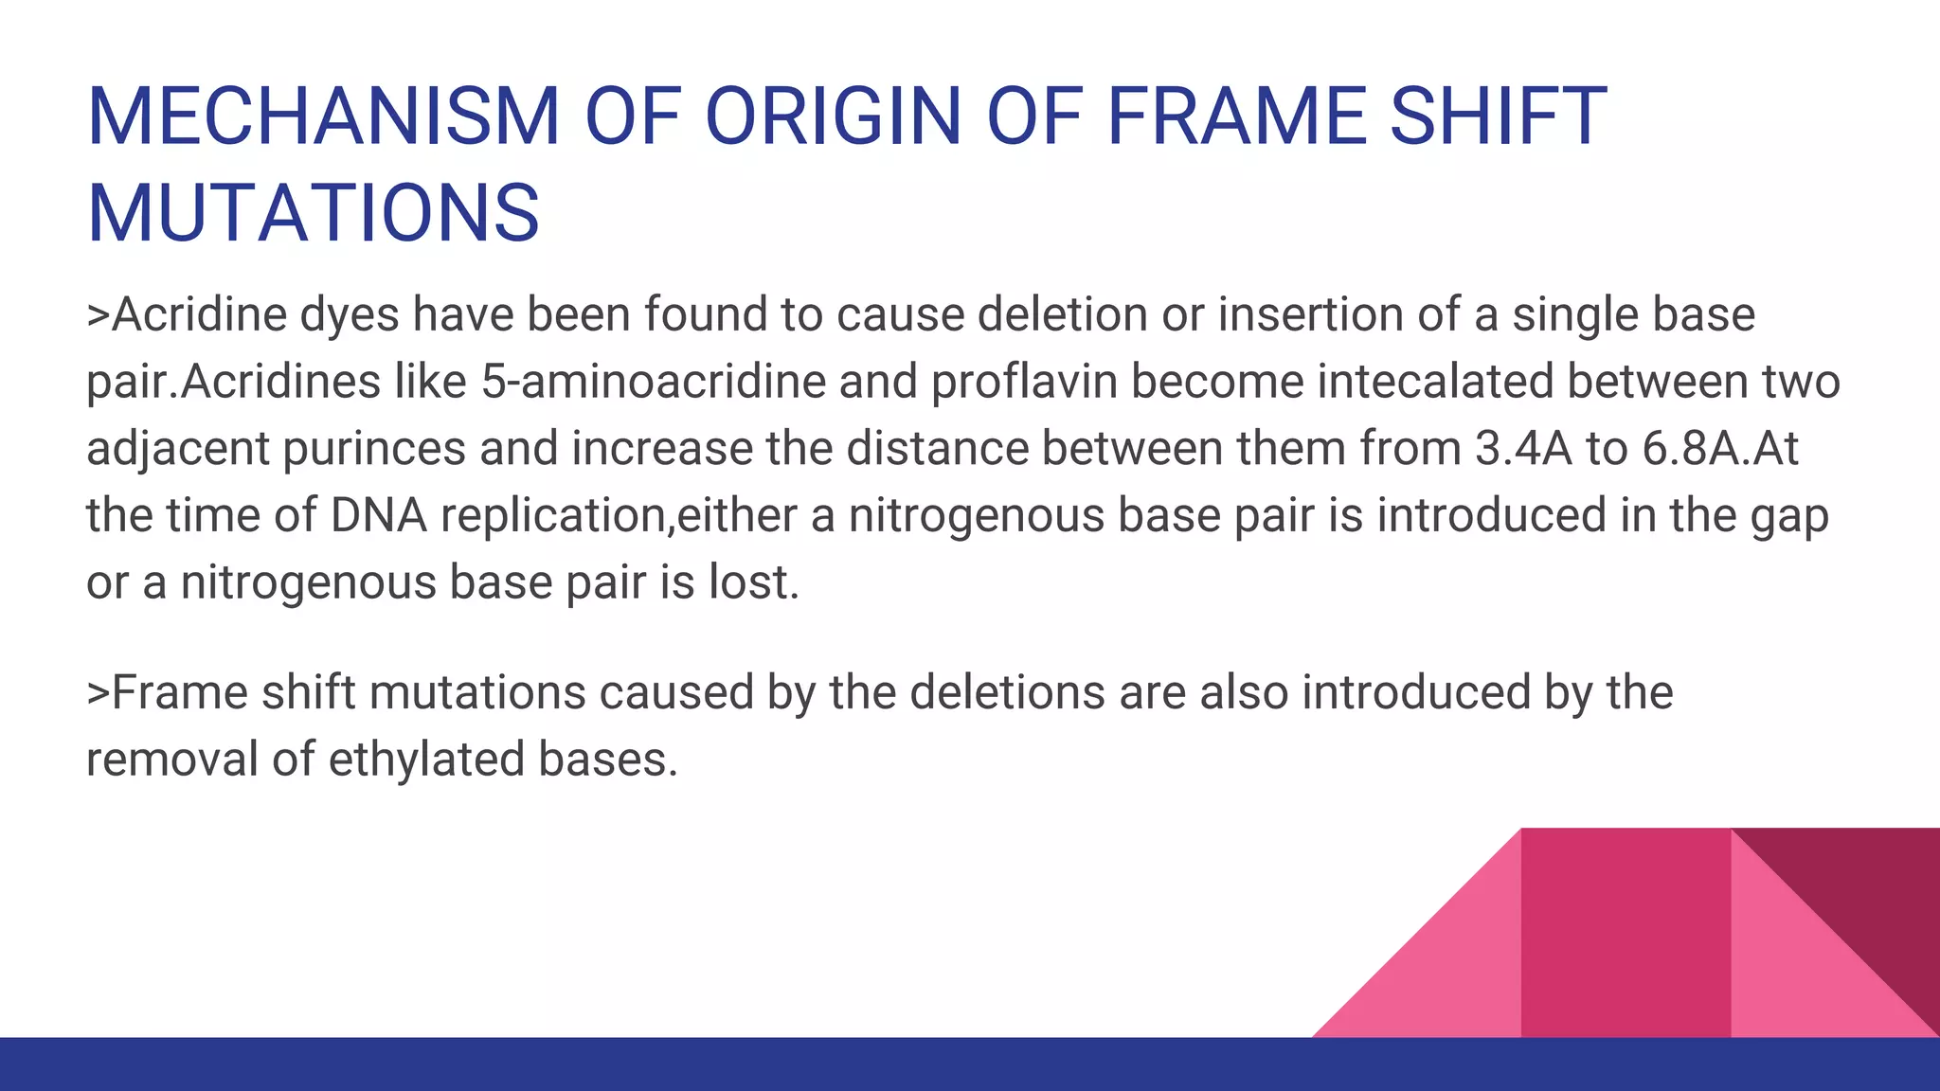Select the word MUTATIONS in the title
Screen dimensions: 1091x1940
tap(314, 213)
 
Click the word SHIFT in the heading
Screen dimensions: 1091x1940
tap(1499, 116)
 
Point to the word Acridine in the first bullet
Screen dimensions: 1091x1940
tap(200, 314)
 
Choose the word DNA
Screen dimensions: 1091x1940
tap(378, 516)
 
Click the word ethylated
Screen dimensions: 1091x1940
tap(426, 760)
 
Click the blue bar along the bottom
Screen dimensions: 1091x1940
tap(970, 1064)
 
